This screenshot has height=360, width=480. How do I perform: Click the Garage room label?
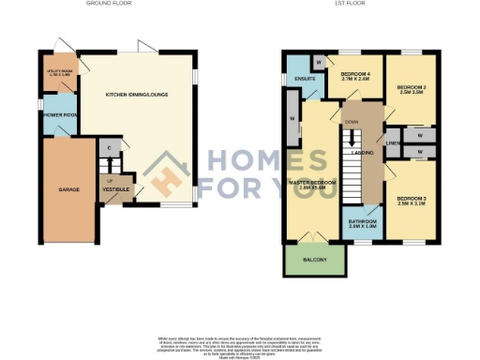pyautogui.click(x=68, y=189)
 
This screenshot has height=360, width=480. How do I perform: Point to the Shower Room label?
pyautogui.click(x=58, y=115)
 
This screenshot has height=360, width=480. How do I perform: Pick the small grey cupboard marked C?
pyautogui.click(x=110, y=149)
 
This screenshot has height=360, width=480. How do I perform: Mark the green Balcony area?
pyautogui.click(x=314, y=262)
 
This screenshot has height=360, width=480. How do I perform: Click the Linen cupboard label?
pyautogui.click(x=394, y=143)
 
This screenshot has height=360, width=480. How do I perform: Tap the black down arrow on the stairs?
pyautogui.click(x=352, y=142)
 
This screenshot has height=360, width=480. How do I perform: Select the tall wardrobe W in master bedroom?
pyautogui.click(x=293, y=119)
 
